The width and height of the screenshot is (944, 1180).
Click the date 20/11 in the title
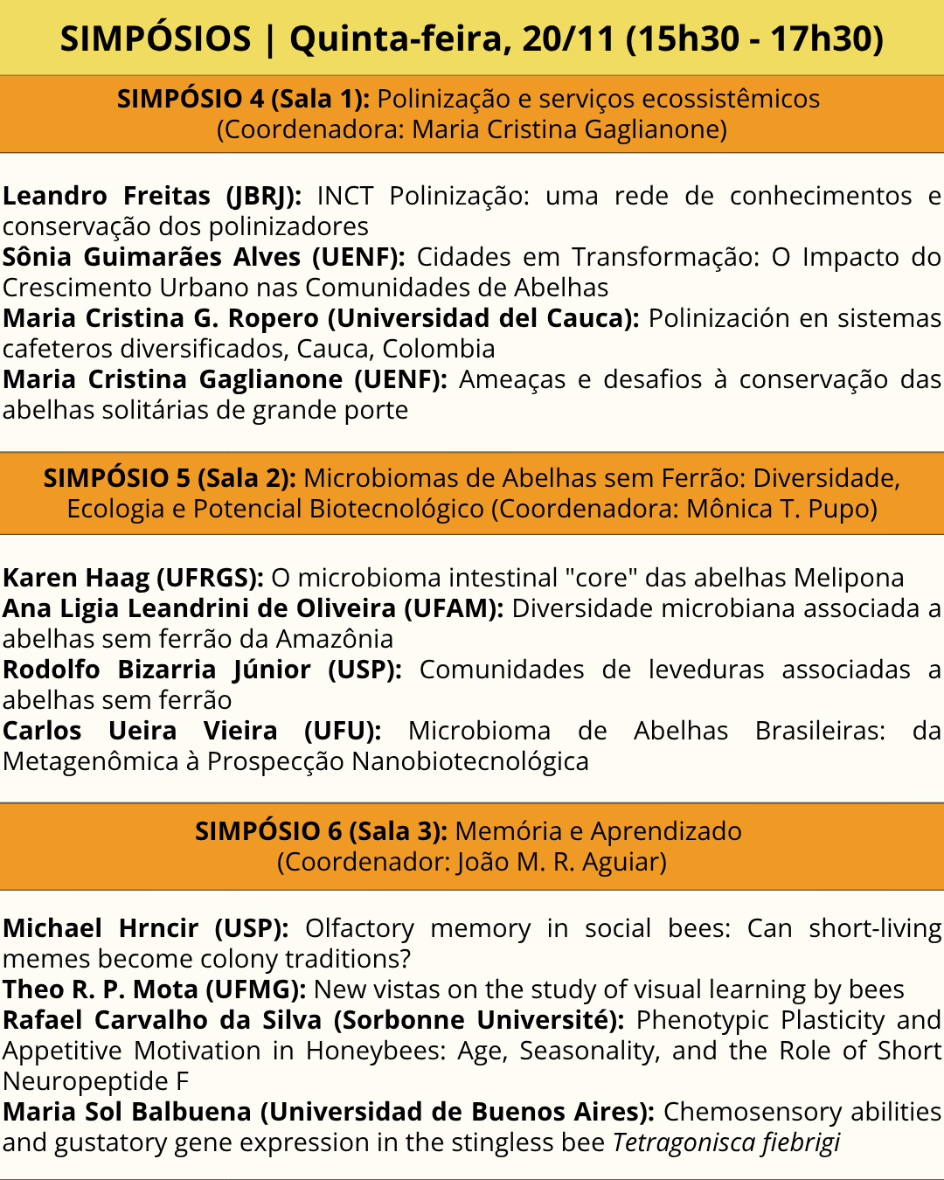(569, 38)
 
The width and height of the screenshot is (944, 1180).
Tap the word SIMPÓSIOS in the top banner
(156, 38)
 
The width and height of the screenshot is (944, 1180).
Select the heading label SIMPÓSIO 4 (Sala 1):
(243, 99)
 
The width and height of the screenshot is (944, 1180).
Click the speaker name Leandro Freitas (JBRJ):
(151, 196)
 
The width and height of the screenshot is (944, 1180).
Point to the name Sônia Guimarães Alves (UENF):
(204, 257)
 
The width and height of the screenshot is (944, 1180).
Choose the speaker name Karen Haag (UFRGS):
(133, 578)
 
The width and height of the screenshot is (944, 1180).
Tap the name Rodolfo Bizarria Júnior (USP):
(202, 670)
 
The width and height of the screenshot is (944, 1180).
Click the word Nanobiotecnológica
(470, 761)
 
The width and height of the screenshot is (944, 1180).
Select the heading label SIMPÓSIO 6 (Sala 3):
(321, 831)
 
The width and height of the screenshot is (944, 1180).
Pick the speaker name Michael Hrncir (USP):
(145, 928)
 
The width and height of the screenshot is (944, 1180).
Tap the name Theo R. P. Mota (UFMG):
(154, 989)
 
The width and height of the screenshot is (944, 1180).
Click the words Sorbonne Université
(478, 1020)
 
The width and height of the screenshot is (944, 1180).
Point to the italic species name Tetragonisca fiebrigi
(726, 1142)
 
